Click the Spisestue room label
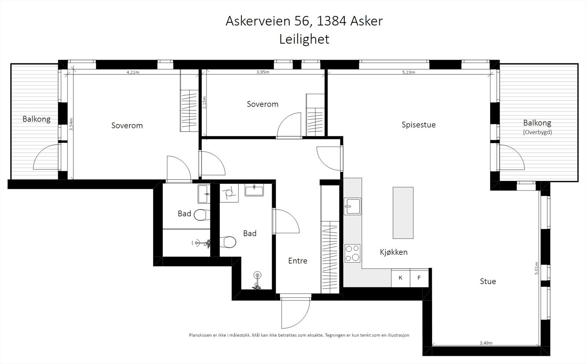418,125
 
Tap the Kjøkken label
394,252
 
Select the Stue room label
488,281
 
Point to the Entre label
298,261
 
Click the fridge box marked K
400,278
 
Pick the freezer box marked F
419,278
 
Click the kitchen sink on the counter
352,206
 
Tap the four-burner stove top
352,253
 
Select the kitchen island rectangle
403,213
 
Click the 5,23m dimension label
408,72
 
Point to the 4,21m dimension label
133,72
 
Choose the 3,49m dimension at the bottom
486,343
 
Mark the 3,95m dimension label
263,72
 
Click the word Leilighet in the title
304,39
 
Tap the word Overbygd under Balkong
537,132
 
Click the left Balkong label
36,119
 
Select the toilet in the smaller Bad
201,215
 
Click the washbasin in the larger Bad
254,190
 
